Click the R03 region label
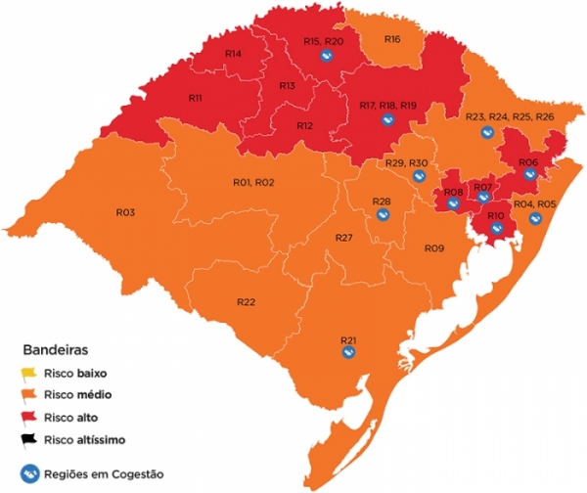tap(125, 212)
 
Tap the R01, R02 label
tap(253, 183)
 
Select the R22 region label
tap(246, 301)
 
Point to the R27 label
tap(343, 239)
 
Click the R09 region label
tap(434, 249)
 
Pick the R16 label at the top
tap(391, 39)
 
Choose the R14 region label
tap(234, 53)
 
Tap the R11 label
tap(195, 99)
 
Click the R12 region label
tap(305, 126)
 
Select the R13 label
tap(287, 87)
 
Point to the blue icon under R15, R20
tap(328, 57)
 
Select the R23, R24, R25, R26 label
tap(510, 117)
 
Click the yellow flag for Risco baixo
tap(28, 373)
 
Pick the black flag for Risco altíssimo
tap(28, 438)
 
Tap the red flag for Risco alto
tap(28, 417)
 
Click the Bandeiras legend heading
tap(55, 348)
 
